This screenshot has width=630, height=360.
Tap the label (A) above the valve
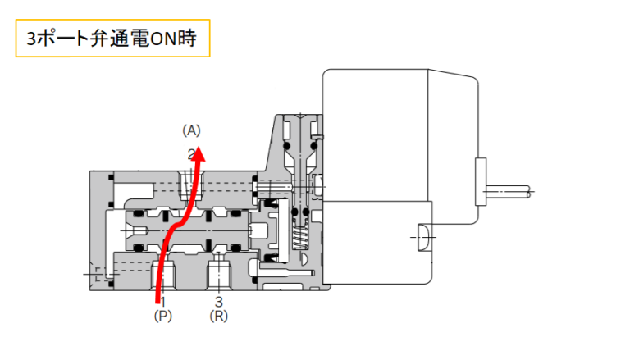coord(191,130)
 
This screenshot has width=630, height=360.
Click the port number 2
coord(190,153)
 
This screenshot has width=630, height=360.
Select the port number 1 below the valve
coord(162,301)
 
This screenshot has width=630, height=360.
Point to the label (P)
coord(162,315)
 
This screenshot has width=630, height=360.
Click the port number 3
coord(218,301)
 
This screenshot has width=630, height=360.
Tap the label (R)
coord(218,315)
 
